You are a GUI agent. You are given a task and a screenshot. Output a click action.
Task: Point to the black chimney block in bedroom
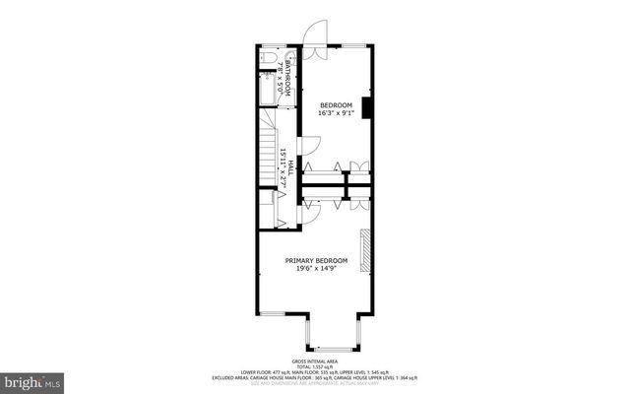coord(367,107)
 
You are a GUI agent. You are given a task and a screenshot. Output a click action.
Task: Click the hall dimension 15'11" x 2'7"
coord(282,168)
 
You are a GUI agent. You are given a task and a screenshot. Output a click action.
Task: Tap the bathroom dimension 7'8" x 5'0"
coord(281,76)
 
